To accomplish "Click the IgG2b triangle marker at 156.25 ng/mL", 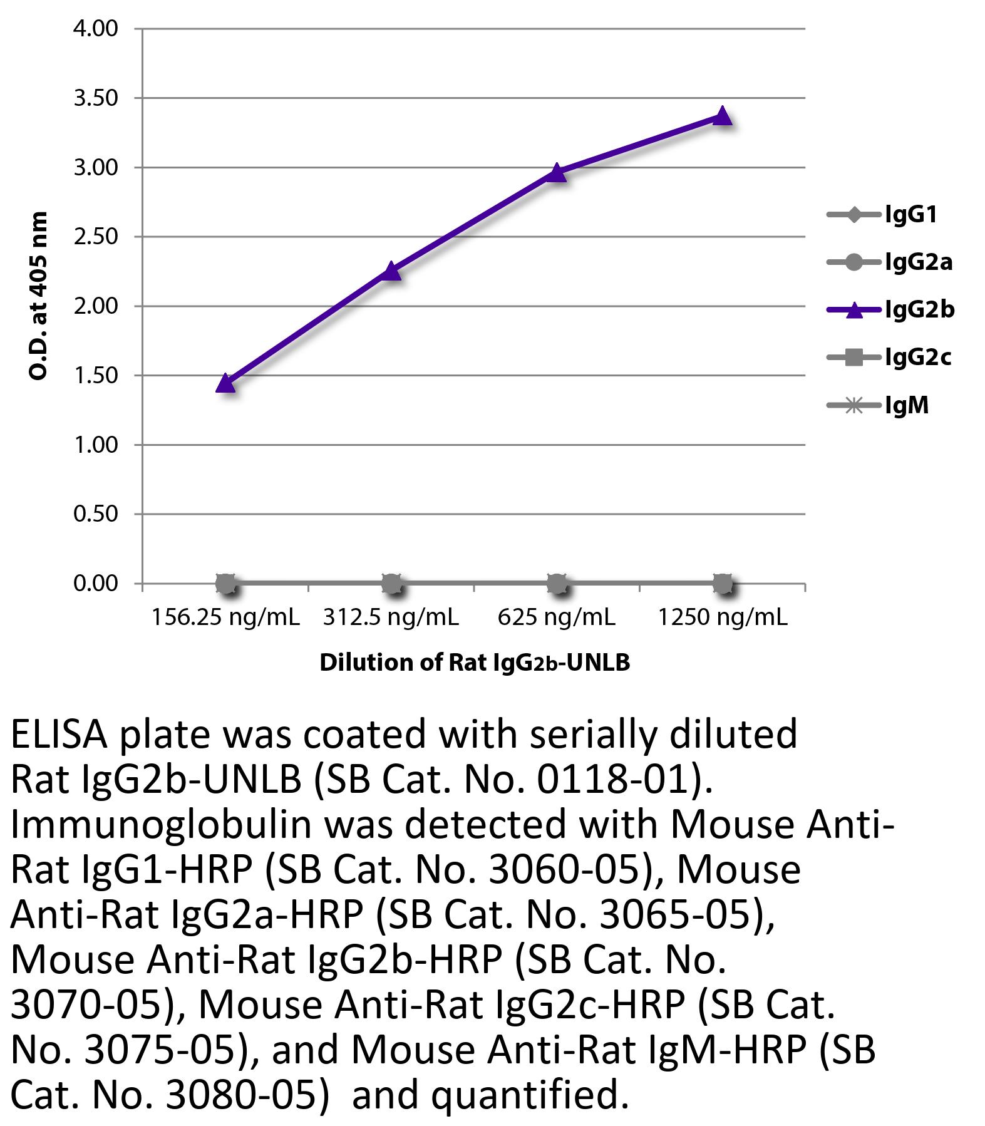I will pyautogui.click(x=225, y=383).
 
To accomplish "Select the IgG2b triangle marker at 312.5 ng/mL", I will pyautogui.click(x=391, y=271).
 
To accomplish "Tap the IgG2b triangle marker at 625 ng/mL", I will pyautogui.click(x=557, y=172).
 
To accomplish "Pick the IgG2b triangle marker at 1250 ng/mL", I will pyautogui.click(x=722, y=116).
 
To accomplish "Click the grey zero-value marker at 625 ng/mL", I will pyautogui.click(x=557, y=584).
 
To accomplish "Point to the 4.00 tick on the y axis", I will pyautogui.click(x=95, y=29).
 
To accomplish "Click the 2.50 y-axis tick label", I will pyautogui.click(x=95, y=237).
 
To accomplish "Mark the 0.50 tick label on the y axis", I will pyautogui.click(x=95, y=514).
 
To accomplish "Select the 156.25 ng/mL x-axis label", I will pyautogui.click(x=225, y=617).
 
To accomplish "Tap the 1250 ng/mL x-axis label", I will pyautogui.click(x=722, y=617).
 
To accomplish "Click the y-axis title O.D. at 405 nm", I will pyautogui.click(x=39, y=296).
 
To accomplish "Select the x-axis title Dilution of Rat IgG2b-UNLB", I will pyautogui.click(x=474, y=663).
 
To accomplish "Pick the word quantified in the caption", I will pyautogui.click(x=529, y=1095).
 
